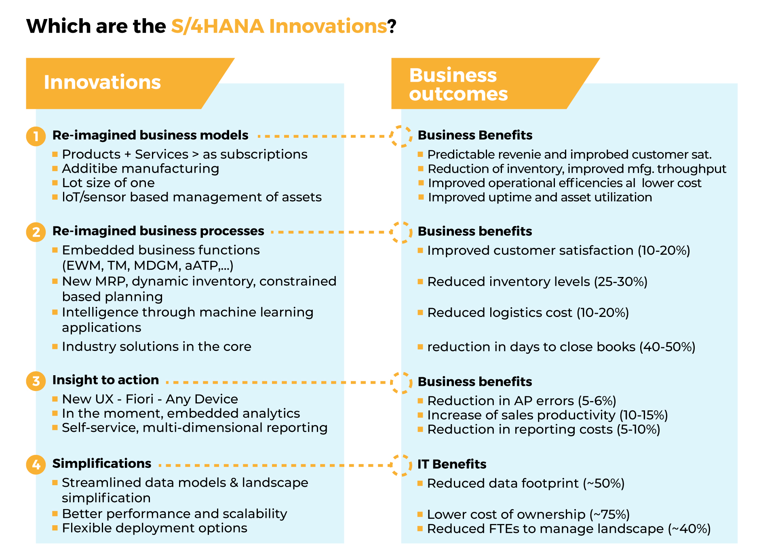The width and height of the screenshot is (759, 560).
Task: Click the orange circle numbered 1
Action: point(36,136)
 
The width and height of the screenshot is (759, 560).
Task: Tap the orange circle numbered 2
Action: point(36,232)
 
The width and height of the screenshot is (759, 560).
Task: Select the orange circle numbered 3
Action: point(36,381)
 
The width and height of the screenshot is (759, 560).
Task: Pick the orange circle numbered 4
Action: point(36,465)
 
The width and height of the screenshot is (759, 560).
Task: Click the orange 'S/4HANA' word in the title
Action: point(217,26)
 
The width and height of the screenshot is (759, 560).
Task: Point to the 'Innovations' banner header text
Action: point(102,82)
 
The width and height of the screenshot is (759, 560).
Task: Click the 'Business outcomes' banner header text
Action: point(458,85)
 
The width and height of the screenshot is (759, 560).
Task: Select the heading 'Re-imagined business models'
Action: point(150,135)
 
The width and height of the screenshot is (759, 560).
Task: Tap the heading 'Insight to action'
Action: point(105,380)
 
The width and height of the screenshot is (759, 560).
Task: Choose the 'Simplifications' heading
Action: point(102,463)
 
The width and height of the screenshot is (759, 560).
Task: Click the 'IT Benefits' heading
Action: point(452,464)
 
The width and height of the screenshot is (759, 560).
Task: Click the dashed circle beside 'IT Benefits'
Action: point(401,465)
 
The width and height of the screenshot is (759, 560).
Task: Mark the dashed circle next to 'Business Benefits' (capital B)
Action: point(401,136)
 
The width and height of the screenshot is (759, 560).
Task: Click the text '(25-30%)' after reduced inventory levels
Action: point(621,282)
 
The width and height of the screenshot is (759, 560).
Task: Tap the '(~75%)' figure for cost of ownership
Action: point(609,514)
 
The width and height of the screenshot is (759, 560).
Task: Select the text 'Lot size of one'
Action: point(108,183)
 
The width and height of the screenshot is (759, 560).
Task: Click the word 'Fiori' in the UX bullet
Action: point(139,399)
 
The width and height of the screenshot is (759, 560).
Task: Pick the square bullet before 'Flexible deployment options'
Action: point(55,528)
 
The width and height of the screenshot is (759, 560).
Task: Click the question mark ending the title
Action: point(392,26)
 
